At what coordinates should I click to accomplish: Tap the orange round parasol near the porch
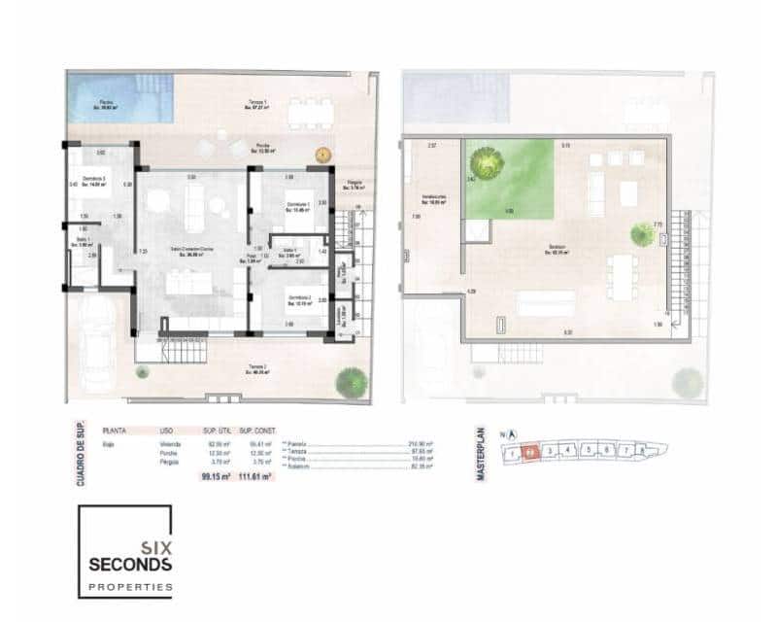(x=322, y=155)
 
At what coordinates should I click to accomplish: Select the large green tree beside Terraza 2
(x=351, y=383)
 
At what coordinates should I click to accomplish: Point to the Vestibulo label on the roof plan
(x=433, y=198)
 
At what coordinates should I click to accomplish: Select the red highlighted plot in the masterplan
(x=530, y=452)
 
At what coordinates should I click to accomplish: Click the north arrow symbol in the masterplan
(x=512, y=435)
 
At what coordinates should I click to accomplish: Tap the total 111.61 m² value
(x=255, y=477)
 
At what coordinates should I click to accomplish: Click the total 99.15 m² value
(x=214, y=477)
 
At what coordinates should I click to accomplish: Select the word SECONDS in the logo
(x=130, y=564)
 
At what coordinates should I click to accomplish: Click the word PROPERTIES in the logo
(x=130, y=587)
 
